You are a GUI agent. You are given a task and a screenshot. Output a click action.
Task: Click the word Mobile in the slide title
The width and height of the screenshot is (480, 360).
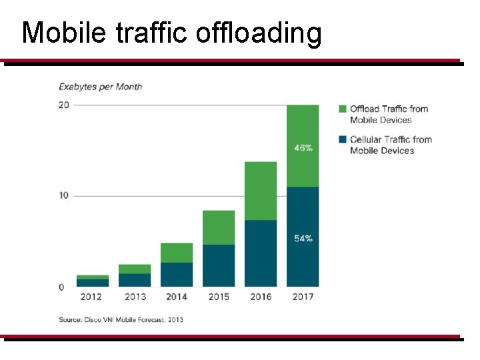63,33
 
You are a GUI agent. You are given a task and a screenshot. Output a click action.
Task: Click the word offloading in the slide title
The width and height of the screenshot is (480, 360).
259,33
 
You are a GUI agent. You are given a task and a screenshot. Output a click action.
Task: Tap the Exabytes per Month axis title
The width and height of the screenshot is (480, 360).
100,87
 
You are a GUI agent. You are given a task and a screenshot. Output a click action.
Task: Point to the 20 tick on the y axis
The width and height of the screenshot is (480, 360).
63,105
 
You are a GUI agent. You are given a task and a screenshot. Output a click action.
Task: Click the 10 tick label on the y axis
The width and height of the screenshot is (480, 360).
63,196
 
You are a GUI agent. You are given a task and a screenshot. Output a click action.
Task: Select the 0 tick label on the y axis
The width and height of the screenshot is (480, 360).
61,287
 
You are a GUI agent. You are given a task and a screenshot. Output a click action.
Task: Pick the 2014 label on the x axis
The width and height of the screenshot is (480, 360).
177,297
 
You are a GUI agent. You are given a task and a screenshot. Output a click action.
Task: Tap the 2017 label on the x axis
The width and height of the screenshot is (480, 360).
303,297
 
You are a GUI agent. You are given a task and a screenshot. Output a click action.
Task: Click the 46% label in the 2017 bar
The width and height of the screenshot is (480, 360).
303,148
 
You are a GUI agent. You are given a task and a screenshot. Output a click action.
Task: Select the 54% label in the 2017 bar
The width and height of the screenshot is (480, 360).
303,239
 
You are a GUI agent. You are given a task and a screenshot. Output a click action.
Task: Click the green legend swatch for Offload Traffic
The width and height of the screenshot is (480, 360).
342,109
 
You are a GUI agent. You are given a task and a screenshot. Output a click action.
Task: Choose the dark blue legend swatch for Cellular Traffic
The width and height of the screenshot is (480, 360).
342,140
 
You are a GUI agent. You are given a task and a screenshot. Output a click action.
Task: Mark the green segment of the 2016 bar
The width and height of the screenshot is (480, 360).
261,191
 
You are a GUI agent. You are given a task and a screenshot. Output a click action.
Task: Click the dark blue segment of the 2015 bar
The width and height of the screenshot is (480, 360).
219,265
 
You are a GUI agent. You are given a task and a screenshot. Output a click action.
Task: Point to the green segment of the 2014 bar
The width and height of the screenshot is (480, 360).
177,253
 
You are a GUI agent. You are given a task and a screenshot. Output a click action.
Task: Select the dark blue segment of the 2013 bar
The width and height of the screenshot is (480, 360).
135,280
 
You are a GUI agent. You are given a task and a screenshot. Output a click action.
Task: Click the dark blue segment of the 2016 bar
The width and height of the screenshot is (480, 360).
261,253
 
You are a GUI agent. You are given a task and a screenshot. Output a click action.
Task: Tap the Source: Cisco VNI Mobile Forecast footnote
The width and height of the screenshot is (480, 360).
121,320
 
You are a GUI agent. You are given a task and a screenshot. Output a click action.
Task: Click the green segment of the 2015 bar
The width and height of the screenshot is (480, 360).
219,227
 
